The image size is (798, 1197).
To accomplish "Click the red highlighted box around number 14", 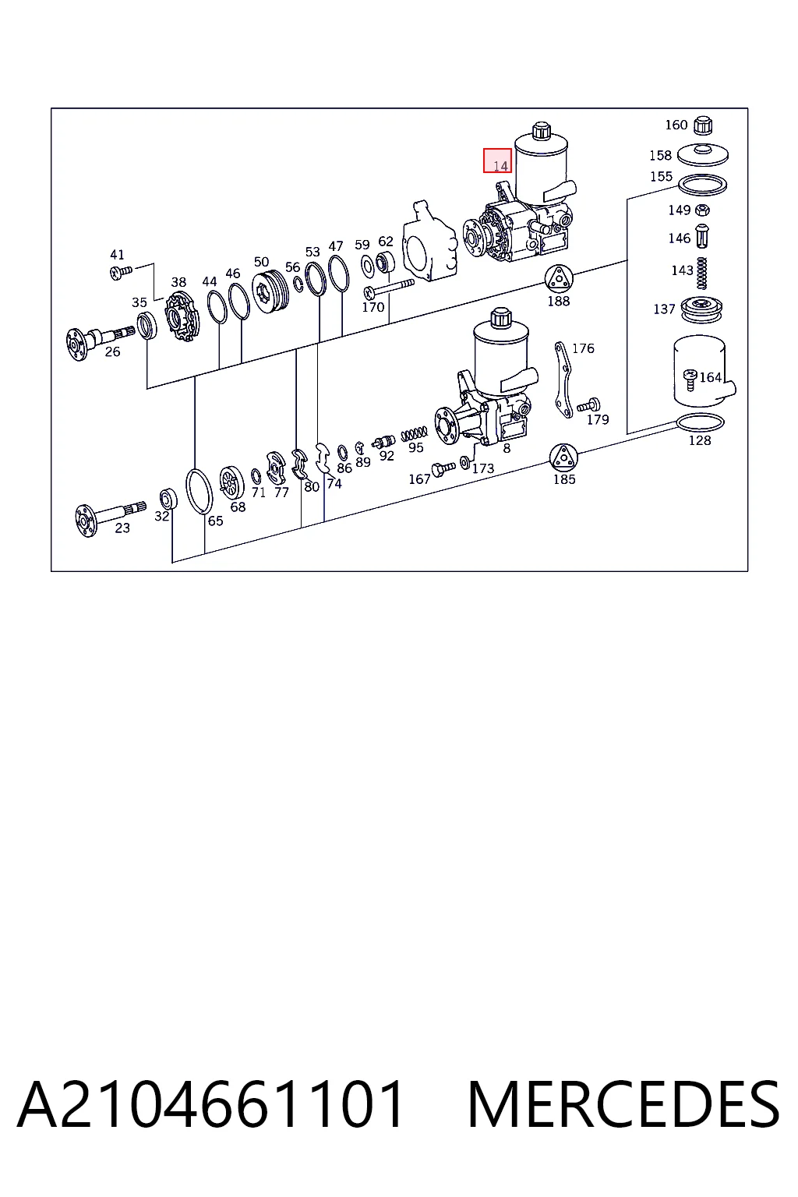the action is click(497, 161).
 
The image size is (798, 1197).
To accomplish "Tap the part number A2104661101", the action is click(210, 1104).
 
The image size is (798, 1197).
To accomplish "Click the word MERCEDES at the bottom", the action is click(623, 1104).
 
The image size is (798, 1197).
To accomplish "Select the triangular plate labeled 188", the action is click(559, 279).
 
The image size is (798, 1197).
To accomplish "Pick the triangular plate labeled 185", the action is click(563, 457).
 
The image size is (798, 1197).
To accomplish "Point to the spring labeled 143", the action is click(702, 273).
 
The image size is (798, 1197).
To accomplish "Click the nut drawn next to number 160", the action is click(702, 125).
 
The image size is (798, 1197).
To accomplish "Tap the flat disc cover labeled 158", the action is click(702, 156).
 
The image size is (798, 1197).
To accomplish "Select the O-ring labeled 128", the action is click(700, 422).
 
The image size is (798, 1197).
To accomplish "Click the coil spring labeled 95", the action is click(415, 433).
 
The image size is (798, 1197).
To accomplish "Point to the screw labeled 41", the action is click(120, 273).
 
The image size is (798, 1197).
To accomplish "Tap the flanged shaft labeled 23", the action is click(110, 515).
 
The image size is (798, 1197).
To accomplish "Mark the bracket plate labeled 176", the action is click(563, 379).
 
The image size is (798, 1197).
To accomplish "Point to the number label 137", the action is click(664, 309).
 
